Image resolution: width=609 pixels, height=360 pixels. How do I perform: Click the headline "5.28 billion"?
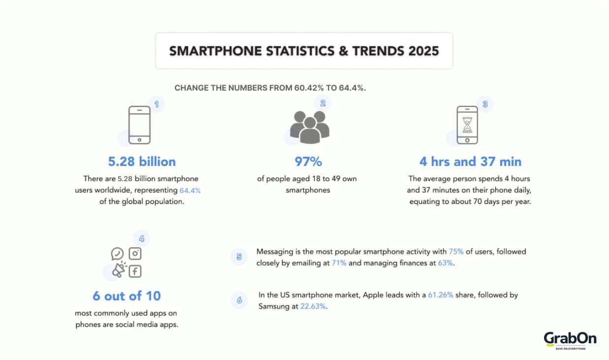pos(142,162)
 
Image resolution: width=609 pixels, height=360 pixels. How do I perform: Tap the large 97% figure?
pos(308,162)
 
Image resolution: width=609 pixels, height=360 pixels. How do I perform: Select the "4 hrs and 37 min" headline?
pos(470,162)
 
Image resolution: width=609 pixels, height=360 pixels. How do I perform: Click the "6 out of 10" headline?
pos(127,295)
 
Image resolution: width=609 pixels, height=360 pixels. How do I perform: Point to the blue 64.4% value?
pos(190,190)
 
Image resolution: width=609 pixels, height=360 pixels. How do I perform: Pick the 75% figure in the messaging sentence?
pos(456,251)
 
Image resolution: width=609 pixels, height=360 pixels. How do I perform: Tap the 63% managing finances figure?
pos(445,263)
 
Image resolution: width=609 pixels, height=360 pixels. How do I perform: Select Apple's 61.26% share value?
pos(442,295)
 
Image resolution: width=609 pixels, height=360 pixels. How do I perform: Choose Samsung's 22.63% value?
pos(314,306)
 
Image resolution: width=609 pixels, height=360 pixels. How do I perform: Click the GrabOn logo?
pos(570,340)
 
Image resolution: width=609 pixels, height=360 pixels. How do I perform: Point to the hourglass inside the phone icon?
pos(467,125)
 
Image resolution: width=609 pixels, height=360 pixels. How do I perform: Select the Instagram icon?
pos(135,254)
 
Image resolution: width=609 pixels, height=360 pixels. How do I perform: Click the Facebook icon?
pos(135,271)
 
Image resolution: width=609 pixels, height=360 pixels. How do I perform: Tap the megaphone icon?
pos(118,270)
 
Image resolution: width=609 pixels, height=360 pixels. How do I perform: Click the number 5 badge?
pos(239,257)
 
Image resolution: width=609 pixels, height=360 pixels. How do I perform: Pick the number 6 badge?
pos(239,300)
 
